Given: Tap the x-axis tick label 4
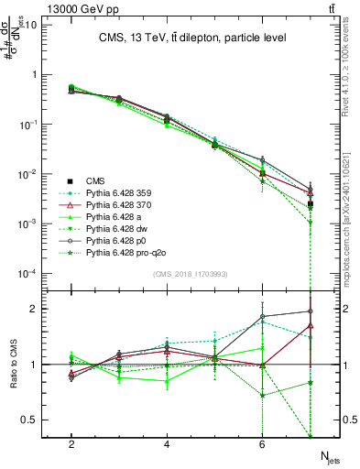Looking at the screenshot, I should (x=167, y=443).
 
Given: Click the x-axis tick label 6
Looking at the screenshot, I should (x=262, y=443).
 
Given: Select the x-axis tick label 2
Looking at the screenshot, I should (x=71, y=443).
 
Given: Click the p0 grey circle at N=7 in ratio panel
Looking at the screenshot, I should (x=311, y=311).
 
